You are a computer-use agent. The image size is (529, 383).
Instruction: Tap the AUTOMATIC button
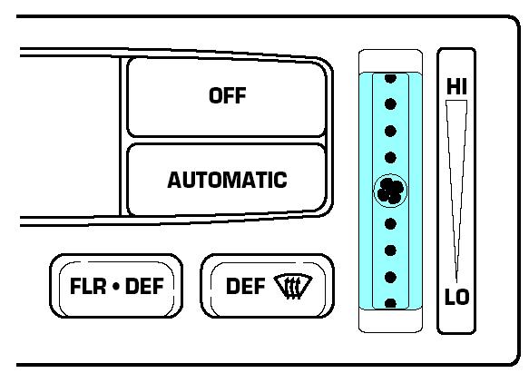(x=226, y=180)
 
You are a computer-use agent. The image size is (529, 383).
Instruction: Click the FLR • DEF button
(x=116, y=286)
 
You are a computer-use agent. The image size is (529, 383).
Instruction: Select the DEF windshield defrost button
(x=267, y=286)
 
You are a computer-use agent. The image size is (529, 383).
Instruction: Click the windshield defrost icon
(x=293, y=287)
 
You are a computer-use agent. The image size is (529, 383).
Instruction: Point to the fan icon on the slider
(x=390, y=191)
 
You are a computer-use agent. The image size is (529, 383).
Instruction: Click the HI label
(x=456, y=86)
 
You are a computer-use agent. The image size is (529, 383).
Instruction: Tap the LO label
(x=457, y=297)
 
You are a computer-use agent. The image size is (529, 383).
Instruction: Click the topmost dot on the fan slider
(x=390, y=78)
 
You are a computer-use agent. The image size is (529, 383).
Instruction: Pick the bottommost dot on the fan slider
(x=390, y=303)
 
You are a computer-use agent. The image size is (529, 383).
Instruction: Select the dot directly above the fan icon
(x=390, y=158)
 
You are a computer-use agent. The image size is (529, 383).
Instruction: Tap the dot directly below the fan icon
(x=390, y=224)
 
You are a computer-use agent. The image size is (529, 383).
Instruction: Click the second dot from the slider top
(x=390, y=104)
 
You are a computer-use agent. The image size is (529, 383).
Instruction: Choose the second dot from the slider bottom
(x=390, y=277)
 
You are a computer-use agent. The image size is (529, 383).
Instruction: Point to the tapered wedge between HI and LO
(x=456, y=189)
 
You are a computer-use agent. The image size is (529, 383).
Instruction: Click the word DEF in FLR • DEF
(x=144, y=286)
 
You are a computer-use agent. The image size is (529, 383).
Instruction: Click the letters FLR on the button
(x=88, y=286)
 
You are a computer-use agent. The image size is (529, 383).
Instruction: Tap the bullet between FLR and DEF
(x=116, y=287)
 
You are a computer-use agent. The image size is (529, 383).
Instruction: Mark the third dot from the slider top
(x=390, y=131)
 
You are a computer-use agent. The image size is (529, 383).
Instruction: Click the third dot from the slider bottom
(x=390, y=250)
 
